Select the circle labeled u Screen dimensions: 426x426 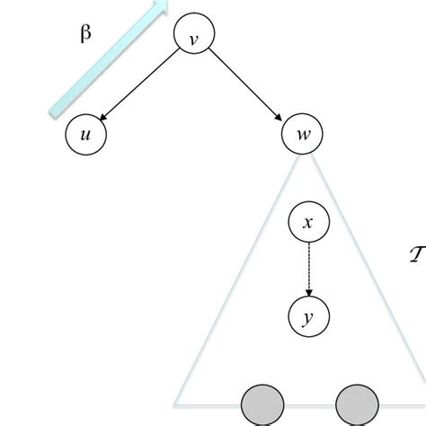tap(86, 136)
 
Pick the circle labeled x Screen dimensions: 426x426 tap(308, 222)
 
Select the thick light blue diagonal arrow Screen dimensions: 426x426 tap(106, 59)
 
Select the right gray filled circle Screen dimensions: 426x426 tap(356, 406)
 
